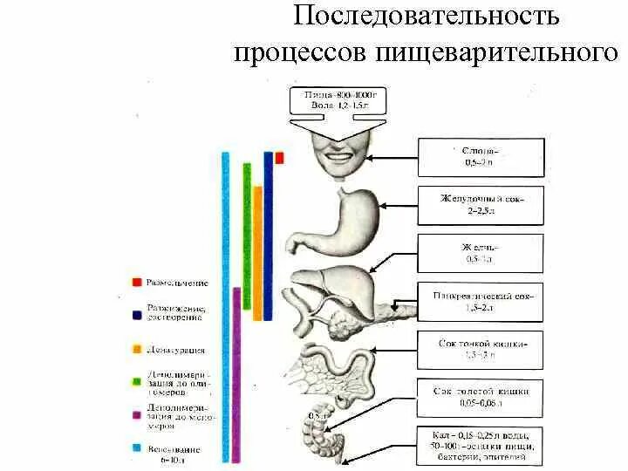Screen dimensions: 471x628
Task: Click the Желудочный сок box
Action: [x=481, y=205]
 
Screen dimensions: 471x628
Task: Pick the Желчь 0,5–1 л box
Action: [x=477, y=253]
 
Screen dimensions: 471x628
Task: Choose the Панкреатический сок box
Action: [x=481, y=301]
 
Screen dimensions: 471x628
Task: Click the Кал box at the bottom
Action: [x=481, y=446]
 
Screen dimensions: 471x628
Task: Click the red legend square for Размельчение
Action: [x=137, y=283]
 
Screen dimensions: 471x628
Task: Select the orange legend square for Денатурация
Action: [x=137, y=350]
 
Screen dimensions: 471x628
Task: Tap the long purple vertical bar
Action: [x=236, y=375]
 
